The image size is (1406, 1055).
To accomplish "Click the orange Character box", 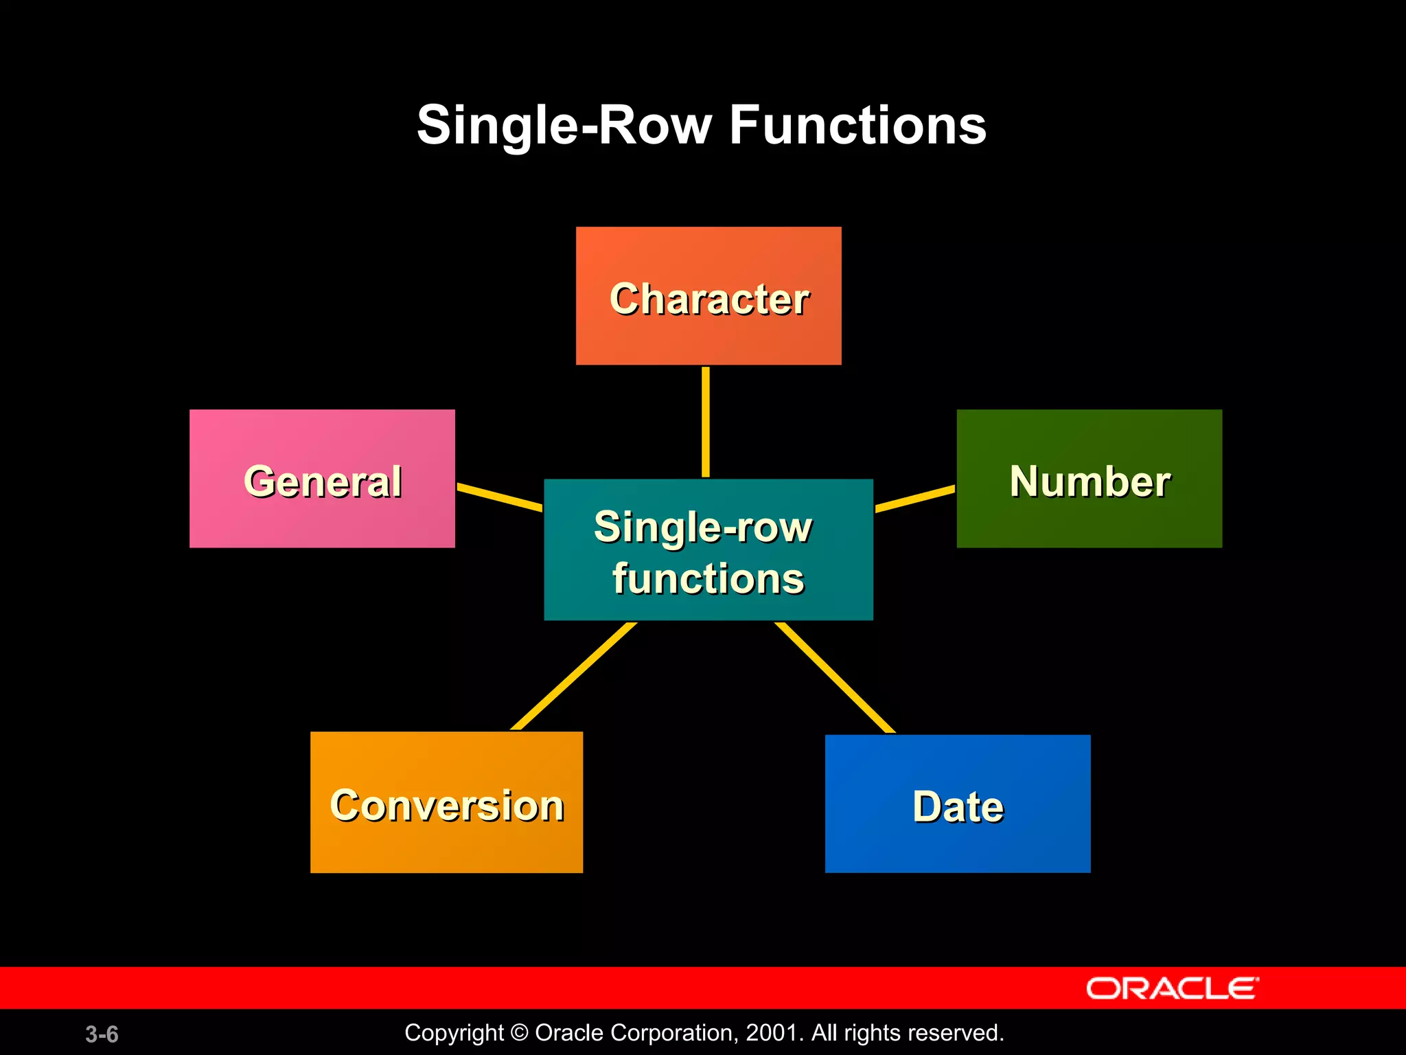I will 708,295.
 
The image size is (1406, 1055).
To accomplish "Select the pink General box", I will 322,479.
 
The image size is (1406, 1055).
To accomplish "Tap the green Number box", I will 1089,479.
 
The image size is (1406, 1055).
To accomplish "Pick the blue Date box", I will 957,804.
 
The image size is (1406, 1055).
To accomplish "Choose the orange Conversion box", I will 446,802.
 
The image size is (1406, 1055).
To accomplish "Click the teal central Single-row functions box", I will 708,549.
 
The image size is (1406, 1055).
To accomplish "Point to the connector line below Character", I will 706,422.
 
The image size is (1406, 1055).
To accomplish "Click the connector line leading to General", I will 500,497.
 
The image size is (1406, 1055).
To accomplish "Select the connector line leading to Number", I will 915,499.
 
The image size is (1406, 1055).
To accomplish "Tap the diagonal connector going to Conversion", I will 573,677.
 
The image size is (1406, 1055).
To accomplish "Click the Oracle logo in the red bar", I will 1172,988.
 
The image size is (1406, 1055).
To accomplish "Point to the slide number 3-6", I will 102,1034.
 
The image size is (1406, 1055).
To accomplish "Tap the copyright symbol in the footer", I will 520,1033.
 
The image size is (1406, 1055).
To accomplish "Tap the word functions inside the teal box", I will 708,578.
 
